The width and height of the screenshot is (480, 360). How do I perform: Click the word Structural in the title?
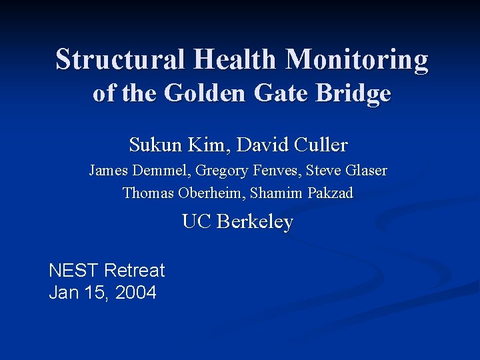(x=121, y=59)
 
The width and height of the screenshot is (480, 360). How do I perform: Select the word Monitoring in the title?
(x=357, y=59)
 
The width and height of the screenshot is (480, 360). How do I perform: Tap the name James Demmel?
(x=139, y=171)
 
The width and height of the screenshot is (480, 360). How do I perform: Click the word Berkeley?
(x=255, y=221)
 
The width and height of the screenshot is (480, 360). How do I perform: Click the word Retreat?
(x=135, y=270)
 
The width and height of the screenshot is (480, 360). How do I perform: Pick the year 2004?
(x=136, y=292)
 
